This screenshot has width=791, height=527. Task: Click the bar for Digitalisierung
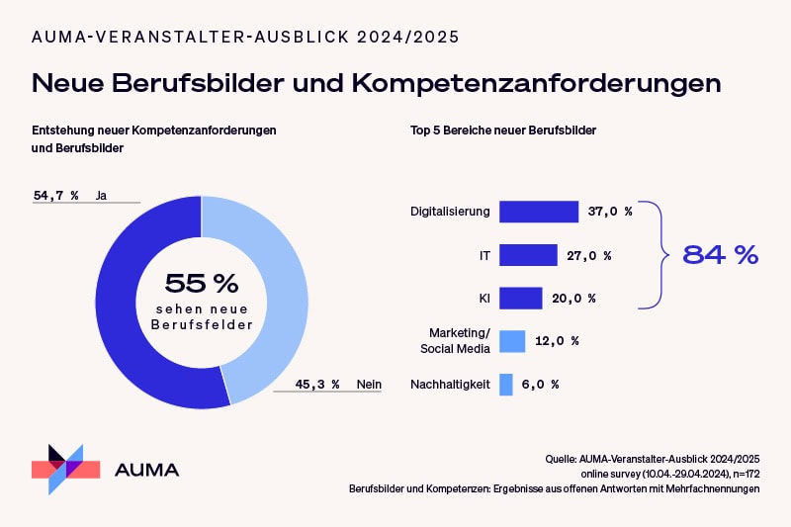539,212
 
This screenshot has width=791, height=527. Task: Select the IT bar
528,255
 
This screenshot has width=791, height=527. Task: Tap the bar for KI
521,298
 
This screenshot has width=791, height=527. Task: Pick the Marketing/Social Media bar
512,341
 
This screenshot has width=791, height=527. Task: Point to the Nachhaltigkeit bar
506,384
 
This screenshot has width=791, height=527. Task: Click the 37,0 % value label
610,212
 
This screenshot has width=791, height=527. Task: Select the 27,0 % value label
589,255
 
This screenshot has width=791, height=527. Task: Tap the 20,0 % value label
574,298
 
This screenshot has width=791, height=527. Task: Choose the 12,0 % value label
558,341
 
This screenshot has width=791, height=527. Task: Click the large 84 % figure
720,254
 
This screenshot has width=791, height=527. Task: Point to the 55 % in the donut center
201,284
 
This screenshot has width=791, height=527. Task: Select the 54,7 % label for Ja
56,196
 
